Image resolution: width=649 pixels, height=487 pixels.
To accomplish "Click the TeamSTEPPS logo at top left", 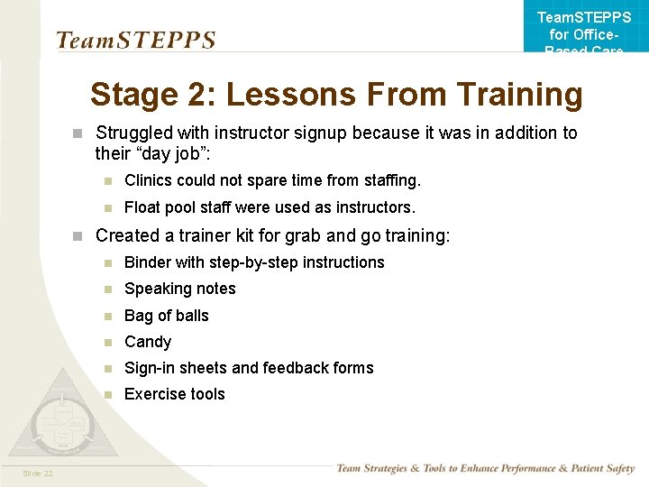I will [x=135, y=41].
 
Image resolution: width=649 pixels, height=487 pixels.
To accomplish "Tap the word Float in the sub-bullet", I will [x=142, y=207].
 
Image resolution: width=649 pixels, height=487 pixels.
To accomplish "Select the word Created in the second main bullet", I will [x=127, y=236].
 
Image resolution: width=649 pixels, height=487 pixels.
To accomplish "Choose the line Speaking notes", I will [x=180, y=289].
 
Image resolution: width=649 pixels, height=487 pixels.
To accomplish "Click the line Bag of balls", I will [x=167, y=316].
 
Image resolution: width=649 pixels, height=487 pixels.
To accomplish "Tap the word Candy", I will [x=148, y=342].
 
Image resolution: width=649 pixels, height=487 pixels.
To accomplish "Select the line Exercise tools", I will [x=175, y=394].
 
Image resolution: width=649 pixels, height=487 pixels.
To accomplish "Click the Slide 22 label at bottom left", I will [x=38, y=473].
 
